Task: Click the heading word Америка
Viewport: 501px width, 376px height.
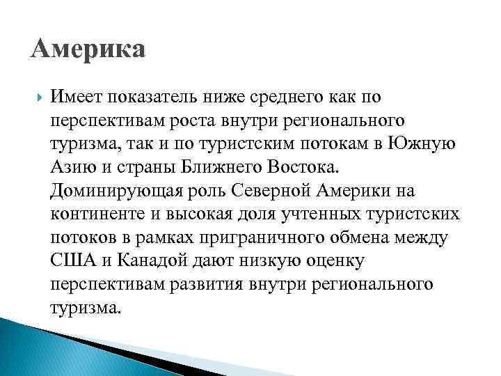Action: pos(88,50)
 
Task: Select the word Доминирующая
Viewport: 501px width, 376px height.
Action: pos(115,191)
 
